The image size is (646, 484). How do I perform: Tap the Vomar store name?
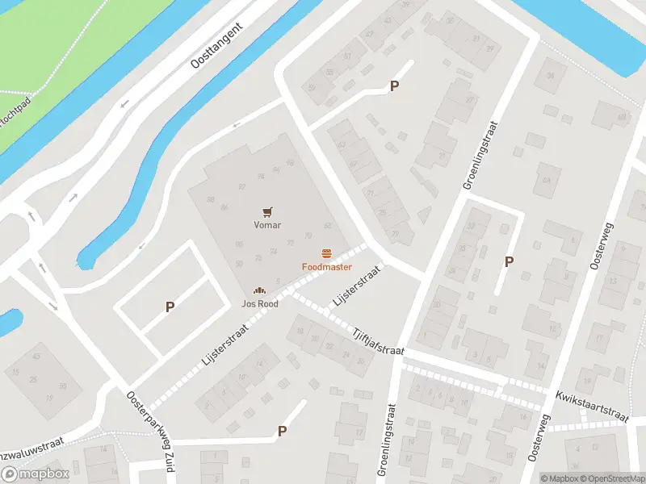point(267,225)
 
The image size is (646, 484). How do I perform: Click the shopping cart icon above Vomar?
point(267,211)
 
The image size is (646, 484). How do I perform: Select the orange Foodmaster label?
point(327,266)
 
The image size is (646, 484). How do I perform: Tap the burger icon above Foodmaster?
point(327,252)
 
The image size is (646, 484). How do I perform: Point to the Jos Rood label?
point(259,304)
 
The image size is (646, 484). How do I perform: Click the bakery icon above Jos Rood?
point(259,290)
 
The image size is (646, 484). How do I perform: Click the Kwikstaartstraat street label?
point(591,406)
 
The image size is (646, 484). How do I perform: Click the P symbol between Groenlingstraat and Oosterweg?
point(509,261)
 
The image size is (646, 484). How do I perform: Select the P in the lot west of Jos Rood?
point(170,307)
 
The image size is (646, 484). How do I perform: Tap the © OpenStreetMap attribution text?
point(610,478)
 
